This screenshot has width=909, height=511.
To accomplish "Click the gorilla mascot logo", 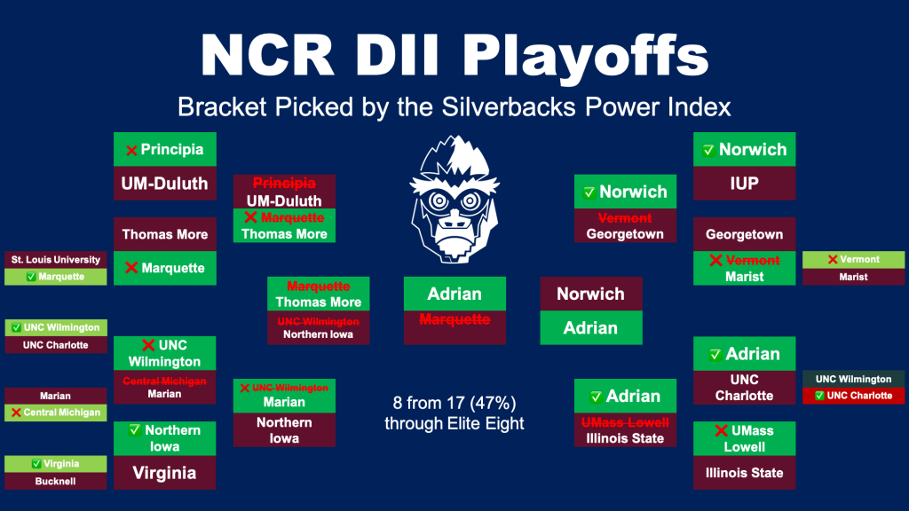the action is click(454, 200).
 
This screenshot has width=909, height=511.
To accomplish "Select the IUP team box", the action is click(745, 184).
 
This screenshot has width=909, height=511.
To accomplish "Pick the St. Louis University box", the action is click(56, 260).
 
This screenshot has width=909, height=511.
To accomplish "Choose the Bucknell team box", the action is click(56, 481).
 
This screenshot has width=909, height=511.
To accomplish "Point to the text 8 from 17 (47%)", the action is click(454, 403).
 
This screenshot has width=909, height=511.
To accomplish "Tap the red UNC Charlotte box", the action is click(853, 396).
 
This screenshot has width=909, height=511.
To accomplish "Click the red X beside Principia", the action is click(131, 151).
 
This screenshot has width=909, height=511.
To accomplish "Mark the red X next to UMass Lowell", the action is click(721, 430).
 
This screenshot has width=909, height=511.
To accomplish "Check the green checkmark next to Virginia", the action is click(36, 463).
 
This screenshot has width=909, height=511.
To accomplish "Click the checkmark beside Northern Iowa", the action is click(135, 430).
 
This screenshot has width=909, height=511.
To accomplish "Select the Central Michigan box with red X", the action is click(56, 413).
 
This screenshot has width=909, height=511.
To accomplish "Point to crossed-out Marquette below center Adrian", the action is click(454, 319).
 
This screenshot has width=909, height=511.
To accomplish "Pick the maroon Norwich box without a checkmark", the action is click(590, 294).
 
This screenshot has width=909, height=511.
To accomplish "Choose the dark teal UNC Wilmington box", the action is click(853, 379).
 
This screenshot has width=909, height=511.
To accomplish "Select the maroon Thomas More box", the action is click(164, 234).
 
